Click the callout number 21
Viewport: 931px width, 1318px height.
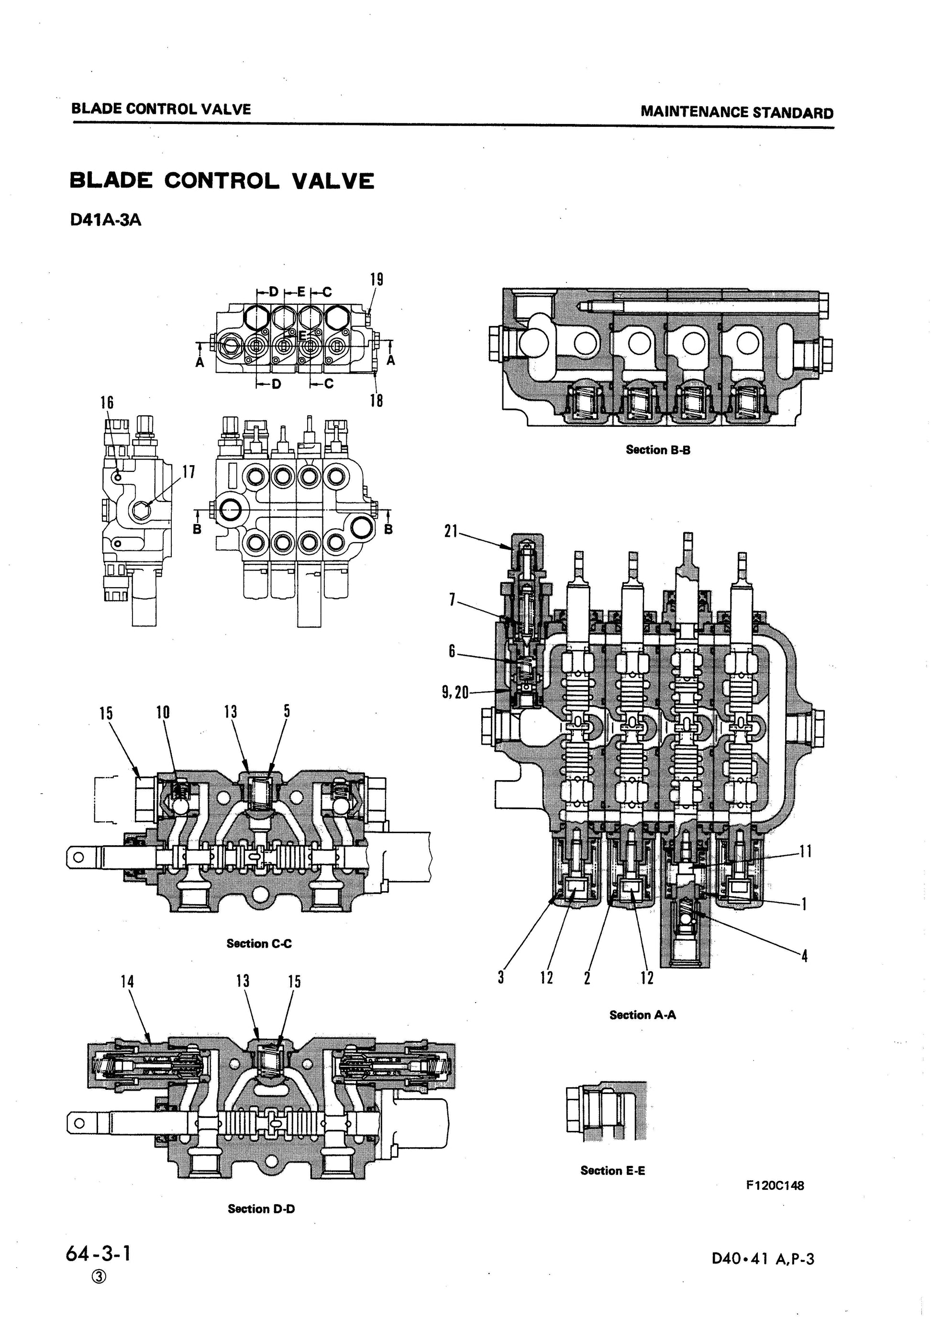pos(451,532)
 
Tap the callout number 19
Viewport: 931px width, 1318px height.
pos(376,279)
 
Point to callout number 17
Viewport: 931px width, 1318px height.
pos(189,472)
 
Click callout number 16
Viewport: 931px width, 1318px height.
pos(107,402)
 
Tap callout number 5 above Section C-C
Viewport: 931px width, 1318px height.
pos(287,711)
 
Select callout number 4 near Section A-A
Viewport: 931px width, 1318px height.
pos(804,956)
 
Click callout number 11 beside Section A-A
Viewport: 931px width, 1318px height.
pos(805,851)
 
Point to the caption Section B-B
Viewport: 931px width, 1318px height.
pos(658,449)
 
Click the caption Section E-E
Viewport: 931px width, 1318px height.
pos(612,1171)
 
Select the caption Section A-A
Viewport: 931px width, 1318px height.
pos(643,1015)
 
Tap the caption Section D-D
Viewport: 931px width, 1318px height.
pos(261,1209)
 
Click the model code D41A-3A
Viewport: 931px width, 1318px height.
pos(105,221)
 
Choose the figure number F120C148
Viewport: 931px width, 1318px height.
pos(775,1185)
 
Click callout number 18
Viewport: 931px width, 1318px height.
pos(376,400)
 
